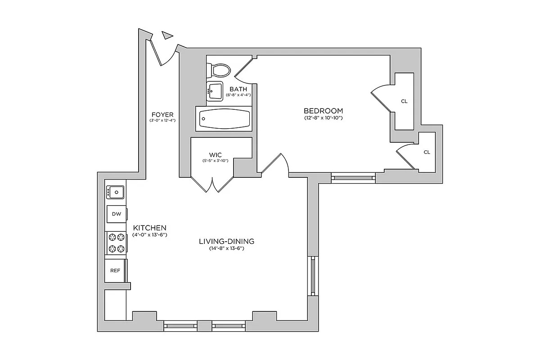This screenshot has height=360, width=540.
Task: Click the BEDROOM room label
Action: click(x=323, y=111)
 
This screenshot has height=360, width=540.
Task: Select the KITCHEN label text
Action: click(x=150, y=228)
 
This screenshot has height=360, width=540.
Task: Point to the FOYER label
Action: click(x=162, y=114)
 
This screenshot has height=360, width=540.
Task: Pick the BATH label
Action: click(x=238, y=89)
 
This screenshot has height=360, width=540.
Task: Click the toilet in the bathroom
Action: click(x=219, y=70)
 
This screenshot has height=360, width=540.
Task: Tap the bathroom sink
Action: click(x=215, y=90)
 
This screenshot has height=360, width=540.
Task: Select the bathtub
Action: click(x=223, y=119)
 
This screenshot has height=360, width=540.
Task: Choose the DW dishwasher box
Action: click(x=116, y=214)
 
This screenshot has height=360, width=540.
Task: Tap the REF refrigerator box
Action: click(x=115, y=270)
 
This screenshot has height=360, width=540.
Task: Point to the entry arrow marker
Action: click(x=167, y=35)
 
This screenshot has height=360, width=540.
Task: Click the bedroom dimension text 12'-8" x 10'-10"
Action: click(x=323, y=118)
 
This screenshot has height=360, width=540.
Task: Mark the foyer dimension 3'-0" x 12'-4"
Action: click(x=162, y=121)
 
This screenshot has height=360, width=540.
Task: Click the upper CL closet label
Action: click(x=404, y=101)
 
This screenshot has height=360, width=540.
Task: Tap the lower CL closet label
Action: click(x=427, y=152)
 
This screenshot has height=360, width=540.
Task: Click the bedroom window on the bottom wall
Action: click(x=353, y=178)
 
